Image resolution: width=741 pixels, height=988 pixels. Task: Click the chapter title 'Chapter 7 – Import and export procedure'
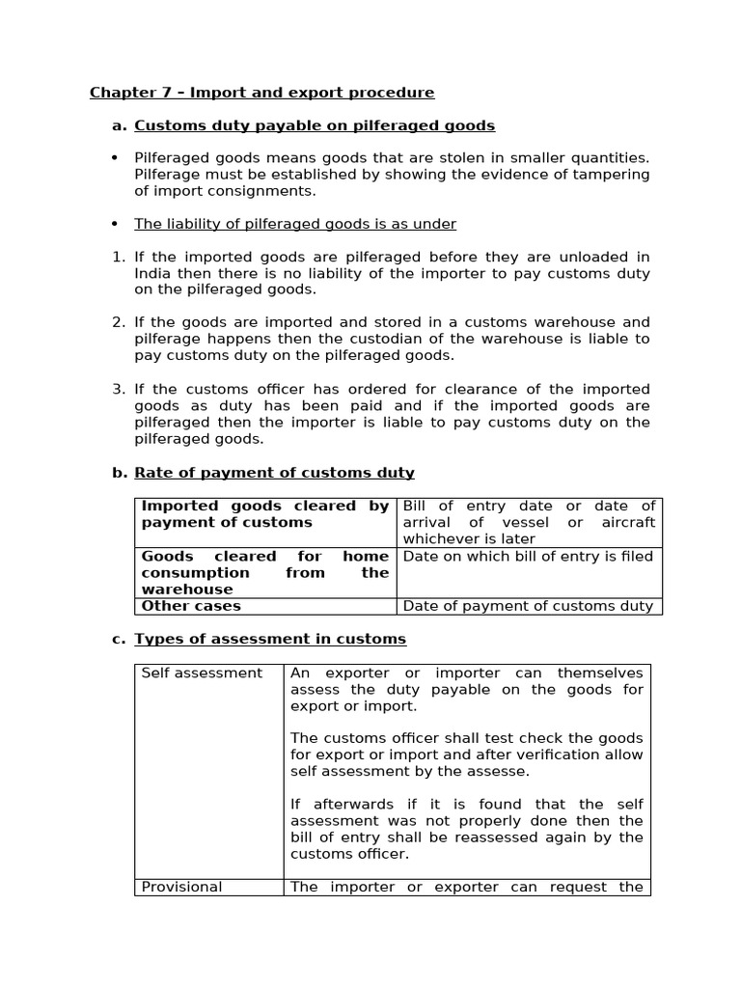pos(261,93)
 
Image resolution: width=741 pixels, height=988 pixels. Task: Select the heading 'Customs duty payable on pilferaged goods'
pos(314,125)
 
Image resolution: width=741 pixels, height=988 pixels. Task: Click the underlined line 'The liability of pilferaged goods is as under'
pos(294,224)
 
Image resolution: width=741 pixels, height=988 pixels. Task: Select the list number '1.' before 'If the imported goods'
pos(119,257)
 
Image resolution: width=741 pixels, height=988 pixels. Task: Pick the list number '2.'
pos(119,322)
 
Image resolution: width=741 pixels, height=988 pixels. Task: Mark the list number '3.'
pos(119,389)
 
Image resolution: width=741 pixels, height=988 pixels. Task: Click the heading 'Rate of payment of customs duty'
pos(274,473)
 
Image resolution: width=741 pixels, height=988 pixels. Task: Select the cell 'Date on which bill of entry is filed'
pos(528,557)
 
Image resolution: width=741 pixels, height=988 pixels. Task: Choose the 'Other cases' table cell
pos(191,606)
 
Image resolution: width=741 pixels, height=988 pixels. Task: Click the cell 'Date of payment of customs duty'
pos(528,606)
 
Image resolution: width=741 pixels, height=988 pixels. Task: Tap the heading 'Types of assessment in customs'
pos(270,639)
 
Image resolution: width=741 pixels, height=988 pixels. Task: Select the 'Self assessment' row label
pos(202,672)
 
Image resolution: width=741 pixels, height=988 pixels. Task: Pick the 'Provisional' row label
pos(181,887)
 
